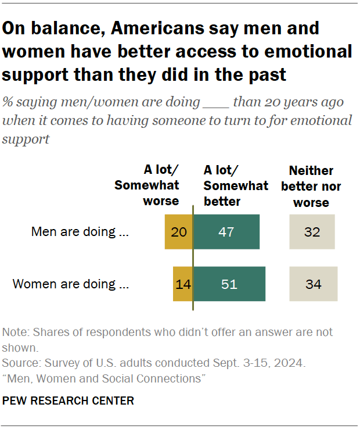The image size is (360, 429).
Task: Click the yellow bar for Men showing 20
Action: pos(178,232)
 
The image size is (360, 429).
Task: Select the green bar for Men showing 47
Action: pos(226,232)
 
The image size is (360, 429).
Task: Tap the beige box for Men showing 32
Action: pos(312,232)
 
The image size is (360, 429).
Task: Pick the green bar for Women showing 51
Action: pos(229,284)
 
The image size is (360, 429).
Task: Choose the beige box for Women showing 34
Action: pos(313,284)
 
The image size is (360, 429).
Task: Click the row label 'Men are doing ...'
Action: pos(80,232)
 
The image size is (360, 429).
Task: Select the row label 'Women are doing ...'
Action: pos(70,284)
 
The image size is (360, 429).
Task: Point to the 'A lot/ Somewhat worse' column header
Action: pos(146,185)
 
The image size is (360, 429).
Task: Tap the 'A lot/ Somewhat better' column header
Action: pos(235,185)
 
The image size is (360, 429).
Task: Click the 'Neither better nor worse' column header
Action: pos(311,187)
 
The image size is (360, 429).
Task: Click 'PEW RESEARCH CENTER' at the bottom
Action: pos(69,401)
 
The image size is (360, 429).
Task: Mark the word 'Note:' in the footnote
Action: pos(16,333)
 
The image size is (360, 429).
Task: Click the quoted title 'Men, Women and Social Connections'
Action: pos(105,379)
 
